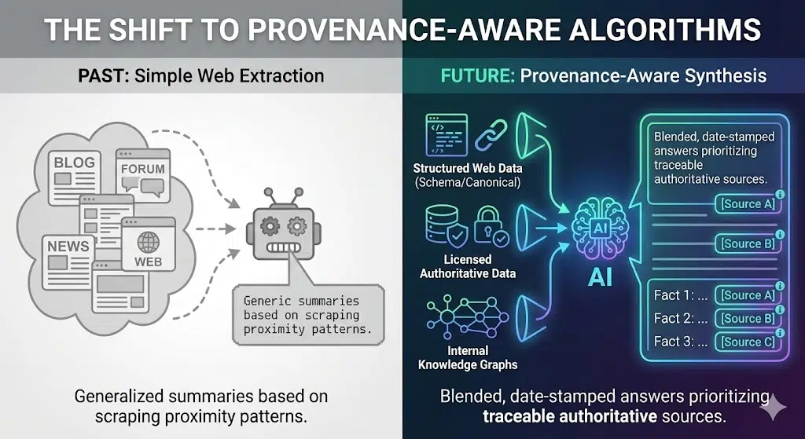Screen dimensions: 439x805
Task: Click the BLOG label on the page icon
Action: pos(74,163)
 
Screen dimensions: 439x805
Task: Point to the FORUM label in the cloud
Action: pos(142,168)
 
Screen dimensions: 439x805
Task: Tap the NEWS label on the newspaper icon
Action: pos(68,246)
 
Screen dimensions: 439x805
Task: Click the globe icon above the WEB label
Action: pos(148,240)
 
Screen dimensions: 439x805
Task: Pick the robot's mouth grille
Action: pos(283,251)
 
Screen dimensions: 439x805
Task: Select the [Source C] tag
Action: pos(747,342)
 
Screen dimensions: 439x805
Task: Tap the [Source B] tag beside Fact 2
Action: pos(747,318)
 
